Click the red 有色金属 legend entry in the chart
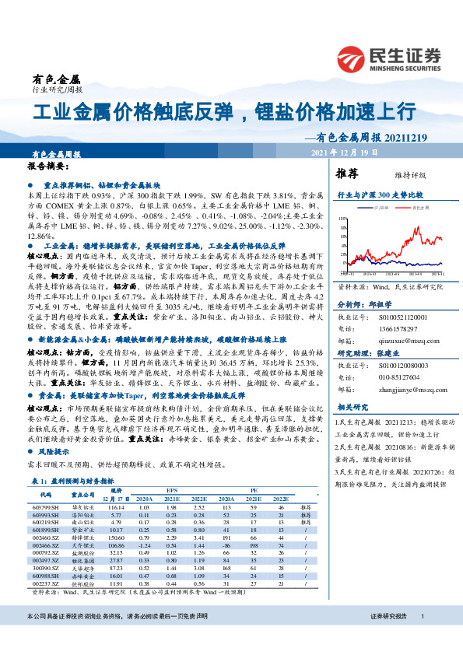coord(421,208)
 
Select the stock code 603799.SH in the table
coord(44,506)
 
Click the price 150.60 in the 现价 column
coord(117,536)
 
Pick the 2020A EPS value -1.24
coord(144,545)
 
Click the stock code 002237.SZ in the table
coord(44,583)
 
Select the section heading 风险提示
coord(60,450)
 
